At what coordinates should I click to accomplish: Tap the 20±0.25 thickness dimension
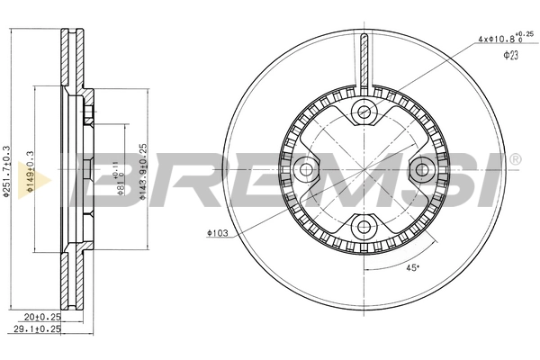point(42,318)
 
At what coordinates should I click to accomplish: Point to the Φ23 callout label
point(510,56)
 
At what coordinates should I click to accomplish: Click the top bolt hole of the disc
point(364,112)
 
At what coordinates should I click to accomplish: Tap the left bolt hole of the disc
point(307,168)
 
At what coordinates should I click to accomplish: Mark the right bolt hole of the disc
point(420,168)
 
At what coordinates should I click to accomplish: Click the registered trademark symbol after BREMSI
point(515,159)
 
